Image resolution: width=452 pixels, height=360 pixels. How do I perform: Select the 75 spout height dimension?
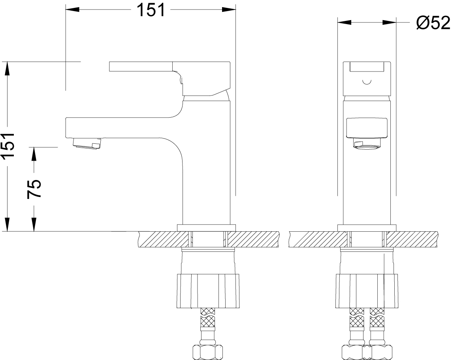pos(34,189)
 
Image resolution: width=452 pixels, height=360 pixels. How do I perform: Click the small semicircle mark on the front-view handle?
pos(367,82)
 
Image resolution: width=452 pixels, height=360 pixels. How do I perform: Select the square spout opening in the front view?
pos(367,127)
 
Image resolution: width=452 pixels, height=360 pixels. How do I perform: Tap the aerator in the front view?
pos(367,143)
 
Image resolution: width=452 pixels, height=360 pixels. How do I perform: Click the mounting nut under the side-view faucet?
pos(207,291)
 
